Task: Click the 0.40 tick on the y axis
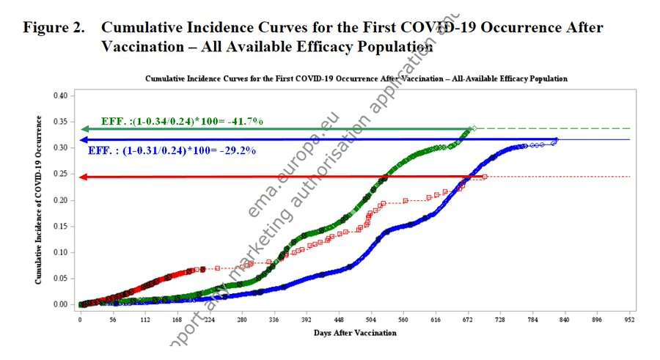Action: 62,96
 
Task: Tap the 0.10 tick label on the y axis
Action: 62,252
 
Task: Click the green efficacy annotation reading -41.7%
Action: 177,120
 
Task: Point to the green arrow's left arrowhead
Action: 83,130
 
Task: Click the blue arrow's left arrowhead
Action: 83,139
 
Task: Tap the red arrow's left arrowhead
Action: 83,177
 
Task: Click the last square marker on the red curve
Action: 485,177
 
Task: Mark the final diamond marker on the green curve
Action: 474,128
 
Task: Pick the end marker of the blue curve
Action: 556,139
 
